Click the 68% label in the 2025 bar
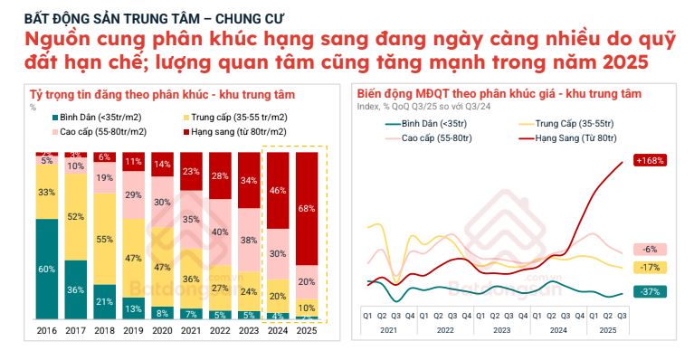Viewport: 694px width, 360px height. [306, 209]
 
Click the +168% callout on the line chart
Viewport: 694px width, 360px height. [650, 160]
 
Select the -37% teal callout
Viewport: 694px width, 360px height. [650, 291]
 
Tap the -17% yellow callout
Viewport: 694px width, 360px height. [650, 268]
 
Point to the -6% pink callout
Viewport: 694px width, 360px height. [650, 249]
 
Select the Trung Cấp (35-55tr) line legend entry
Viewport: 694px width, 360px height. [569, 122]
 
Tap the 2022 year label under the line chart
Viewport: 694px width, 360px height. [445, 331]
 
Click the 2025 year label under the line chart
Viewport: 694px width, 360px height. [609, 331]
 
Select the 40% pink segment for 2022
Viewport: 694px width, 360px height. [220, 232]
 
